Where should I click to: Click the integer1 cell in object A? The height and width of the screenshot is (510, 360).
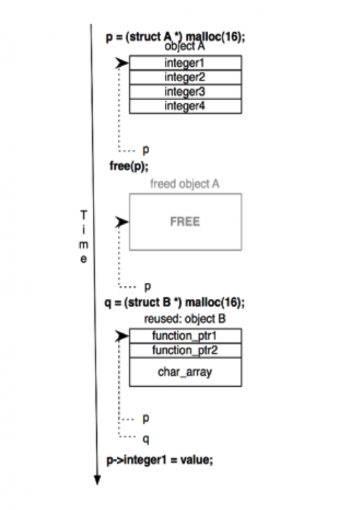pos(185,63)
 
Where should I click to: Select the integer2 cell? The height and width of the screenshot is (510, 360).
pos(185,77)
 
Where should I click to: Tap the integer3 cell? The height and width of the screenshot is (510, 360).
pos(185,92)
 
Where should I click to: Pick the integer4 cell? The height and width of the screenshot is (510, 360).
pos(185,106)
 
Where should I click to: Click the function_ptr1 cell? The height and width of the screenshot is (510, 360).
pos(185,336)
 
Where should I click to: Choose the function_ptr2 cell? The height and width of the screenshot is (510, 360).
pos(185,350)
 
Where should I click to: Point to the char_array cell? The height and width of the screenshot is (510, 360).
pos(185,372)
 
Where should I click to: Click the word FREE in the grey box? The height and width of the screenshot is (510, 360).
pos(185,221)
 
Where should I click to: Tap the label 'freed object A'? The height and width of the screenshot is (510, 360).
pos(185,184)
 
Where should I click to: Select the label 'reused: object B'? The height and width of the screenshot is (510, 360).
pos(185,319)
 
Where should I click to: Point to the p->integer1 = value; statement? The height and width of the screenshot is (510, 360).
pos(160,460)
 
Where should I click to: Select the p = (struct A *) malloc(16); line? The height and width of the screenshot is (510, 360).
pos(175,37)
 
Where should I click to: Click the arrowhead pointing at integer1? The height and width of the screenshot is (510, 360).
pos(122,63)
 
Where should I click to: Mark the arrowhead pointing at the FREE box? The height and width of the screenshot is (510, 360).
pos(122,222)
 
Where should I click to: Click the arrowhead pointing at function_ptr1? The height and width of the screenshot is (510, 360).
pos(122,337)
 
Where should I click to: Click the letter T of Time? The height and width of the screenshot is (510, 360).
pos(83,214)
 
